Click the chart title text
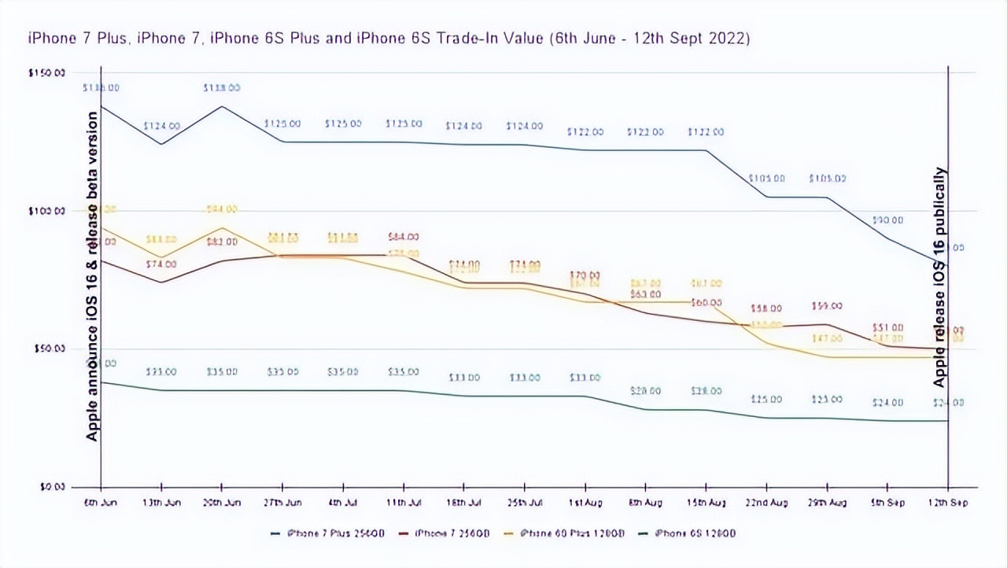coord(389,39)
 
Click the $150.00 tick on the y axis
coord(48,73)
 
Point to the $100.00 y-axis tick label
coord(48,211)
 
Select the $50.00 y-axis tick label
coord(50,349)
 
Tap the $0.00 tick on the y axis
coord(52,487)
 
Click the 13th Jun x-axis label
coord(161,503)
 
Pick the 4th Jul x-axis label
coord(343,503)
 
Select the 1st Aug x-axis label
coord(585,503)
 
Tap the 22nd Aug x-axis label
coord(766,503)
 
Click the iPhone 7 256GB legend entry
coord(445,533)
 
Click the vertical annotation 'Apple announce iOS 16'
coord(93,275)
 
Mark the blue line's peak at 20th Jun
coord(222,106)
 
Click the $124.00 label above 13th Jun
coord(161,126)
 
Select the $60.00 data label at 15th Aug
coord(706,303)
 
